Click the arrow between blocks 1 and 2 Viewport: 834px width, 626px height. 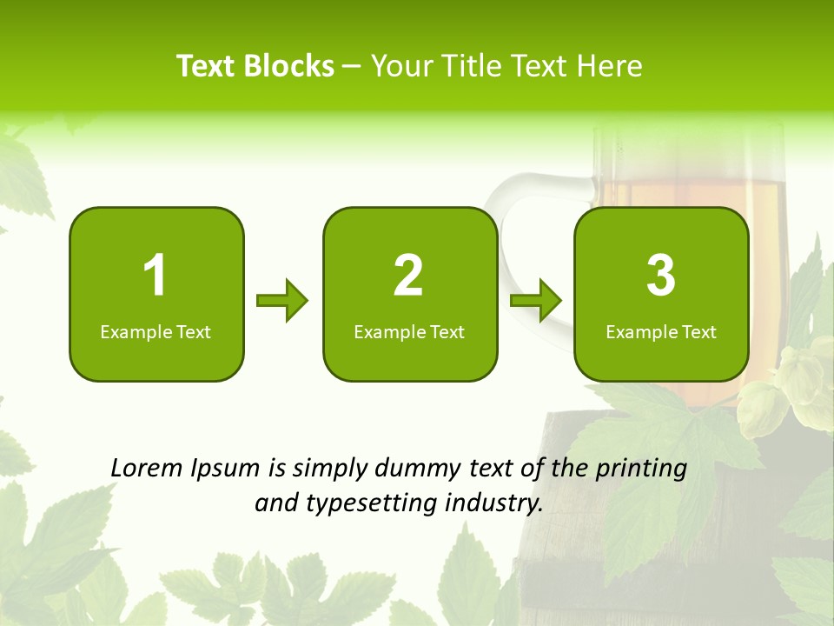(282, 301)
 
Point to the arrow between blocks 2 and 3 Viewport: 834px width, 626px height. (536, 301)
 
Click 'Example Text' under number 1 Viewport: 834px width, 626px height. (156, 331)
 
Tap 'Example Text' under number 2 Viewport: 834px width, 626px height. (409, 331)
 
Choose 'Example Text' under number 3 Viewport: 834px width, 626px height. (661, 331)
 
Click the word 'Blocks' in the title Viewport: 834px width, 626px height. (289, 66)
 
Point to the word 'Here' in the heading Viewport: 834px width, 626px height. (611, 66)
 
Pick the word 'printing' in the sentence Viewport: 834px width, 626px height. (640, 469)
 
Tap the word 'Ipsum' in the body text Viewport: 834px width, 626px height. (228, 469)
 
